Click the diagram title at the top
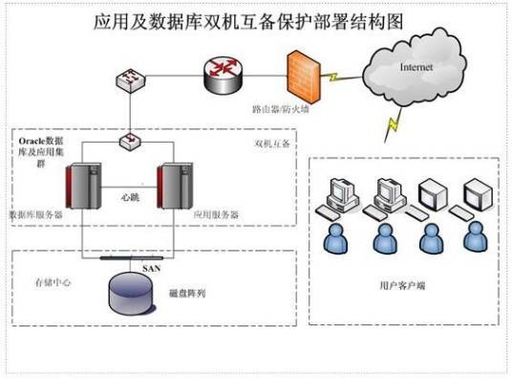coord(248,22)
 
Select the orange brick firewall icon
coord(304,78)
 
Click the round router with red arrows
coord(224,73)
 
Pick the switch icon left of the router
coord(131,80)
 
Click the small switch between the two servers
coord(130,142)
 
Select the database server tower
coord(84,186)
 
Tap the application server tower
coord(175,186)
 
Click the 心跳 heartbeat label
coord(130,197)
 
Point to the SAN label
coord(152,269)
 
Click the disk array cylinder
coord(131,293)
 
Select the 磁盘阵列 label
coord(187,293)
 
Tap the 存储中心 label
coord(53,282)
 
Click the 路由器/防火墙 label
coord(281,109)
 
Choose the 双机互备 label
coord(272,144)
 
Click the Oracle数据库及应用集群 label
coord(41,152)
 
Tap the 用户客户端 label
coord(402,285)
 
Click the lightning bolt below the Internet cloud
coord(393,124)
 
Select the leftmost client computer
coord(338,198)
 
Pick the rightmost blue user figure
coord(476,237)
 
